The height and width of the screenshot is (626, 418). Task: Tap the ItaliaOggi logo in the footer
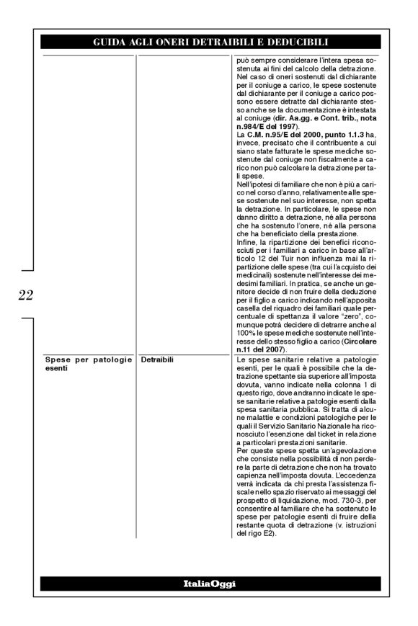209,584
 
